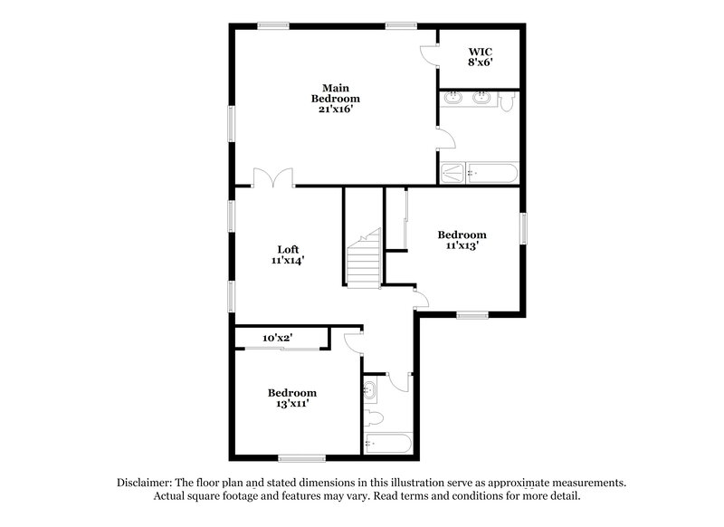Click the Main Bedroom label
click(x=336, y=98)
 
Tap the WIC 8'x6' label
click(x=480, y=57)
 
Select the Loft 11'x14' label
click(x=288, y=254)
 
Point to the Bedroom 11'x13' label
click(x=461, y=240)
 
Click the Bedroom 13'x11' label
click(x=292, y=398)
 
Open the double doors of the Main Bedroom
click(x=273, y=177)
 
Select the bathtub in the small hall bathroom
click(x=387, y=444)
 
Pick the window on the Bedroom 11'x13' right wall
click(x=523, y=227)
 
